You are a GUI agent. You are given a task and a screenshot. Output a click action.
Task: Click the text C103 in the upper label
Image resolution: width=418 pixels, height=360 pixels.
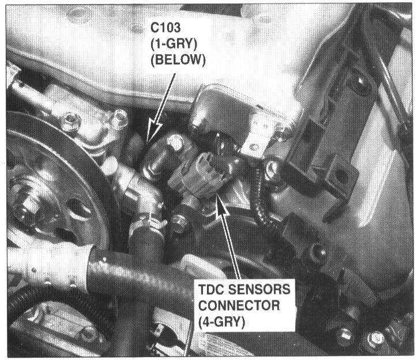(x=165, y=28)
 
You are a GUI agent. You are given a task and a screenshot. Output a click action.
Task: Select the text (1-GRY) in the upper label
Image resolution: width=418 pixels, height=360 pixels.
(x=174, y=44)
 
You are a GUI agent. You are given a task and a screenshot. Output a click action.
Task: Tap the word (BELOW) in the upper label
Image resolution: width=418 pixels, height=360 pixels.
(x=178, y=60)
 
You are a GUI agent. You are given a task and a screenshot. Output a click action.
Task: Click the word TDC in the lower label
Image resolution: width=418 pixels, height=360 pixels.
(x=211, y=289)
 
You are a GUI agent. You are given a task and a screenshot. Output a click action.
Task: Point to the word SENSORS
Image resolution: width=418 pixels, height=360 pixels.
(x=259, y=289)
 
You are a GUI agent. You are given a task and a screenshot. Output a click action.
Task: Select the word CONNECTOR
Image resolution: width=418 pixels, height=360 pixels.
(x=239, y=306)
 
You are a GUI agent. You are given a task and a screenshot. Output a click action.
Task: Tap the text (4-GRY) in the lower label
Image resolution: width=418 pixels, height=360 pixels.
(x=221, y=322)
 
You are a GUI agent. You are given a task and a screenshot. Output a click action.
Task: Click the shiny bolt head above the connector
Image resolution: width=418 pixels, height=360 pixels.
(x=175, y=142)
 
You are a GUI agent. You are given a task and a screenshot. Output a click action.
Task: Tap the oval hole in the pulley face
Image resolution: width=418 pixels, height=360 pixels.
(x=78, y=209)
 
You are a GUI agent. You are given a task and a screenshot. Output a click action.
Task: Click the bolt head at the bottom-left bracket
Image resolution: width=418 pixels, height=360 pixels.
(x=89, y=334)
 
